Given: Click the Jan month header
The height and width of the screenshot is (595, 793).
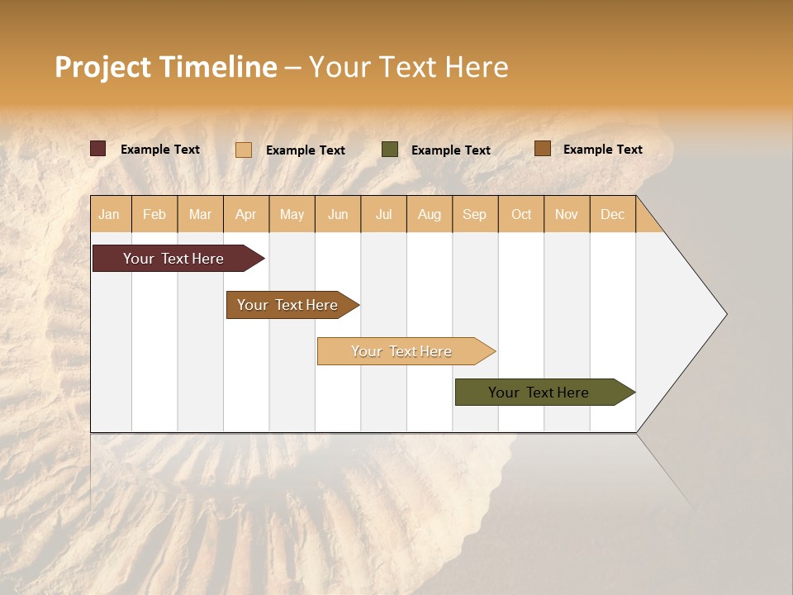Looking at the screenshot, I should [109, 214].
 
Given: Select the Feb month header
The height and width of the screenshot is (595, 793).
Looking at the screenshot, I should [154, 214].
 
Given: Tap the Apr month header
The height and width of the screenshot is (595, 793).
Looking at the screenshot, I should [245, 214].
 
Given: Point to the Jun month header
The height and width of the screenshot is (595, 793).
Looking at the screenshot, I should [338, 214].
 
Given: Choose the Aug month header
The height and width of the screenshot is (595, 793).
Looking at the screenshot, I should [429, 214].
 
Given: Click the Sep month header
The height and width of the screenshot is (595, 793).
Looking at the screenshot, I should [474, 214].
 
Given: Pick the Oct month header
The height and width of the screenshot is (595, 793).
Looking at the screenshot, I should [521, 214].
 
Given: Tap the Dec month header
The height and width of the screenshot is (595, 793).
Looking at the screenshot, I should [612, 214].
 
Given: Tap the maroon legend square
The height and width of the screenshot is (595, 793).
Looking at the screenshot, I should [98, 149].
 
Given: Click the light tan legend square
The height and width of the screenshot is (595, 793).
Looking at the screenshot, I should [244, 150].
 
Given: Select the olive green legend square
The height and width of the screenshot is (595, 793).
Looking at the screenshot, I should [390, 150].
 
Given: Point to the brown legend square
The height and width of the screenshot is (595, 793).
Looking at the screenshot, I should [542, 149].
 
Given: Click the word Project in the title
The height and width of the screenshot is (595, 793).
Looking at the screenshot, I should [102, 67].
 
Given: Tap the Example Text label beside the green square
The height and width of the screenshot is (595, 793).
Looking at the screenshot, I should [450, 150].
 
